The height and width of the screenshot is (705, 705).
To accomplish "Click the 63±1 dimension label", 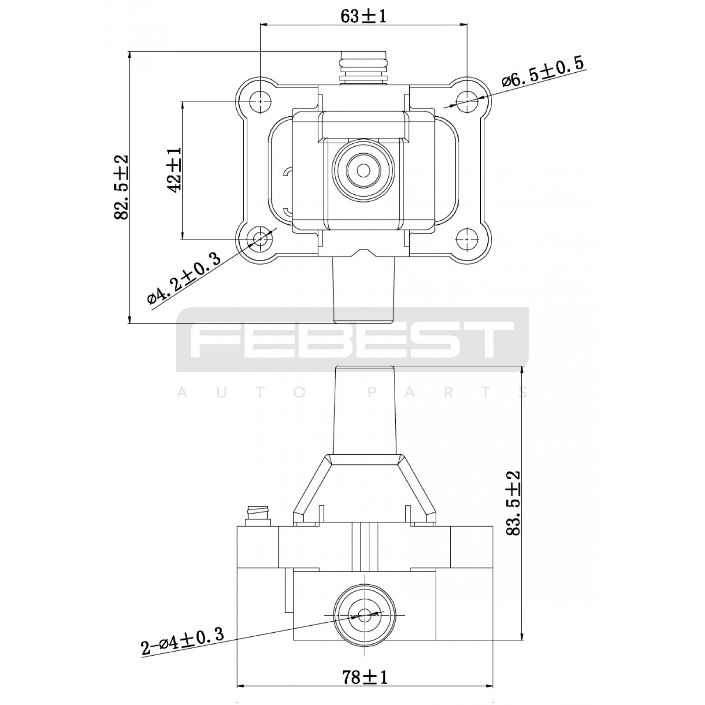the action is click(x=364, y=16).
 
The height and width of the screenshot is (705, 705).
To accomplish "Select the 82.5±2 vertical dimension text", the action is click(x=121, y=187).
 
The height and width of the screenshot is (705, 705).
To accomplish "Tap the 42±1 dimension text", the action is click(x=174, y=170).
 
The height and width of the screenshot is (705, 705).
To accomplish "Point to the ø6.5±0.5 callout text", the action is click(x=543, y=71).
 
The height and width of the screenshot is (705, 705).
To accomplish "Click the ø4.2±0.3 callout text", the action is click(x=184, y=278).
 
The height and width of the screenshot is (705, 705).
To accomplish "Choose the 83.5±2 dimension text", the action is click(x=513, y=503).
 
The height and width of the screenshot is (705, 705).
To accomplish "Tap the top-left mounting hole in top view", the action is click(x=260, y=101).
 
